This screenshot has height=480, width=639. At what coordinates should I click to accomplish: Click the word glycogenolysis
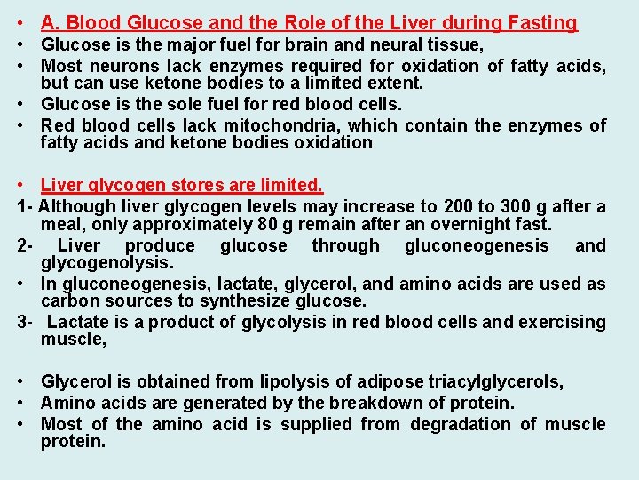pyautogui.click(x=107, y=263)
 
